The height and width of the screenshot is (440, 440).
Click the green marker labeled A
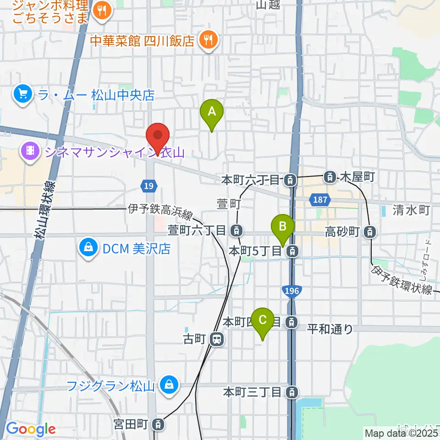click(x=212, y=112)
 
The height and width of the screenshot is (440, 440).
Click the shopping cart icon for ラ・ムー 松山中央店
click(x=22, y=95)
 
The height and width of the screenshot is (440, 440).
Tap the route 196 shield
click(x=290, y=291)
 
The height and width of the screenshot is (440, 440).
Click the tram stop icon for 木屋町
click(x=330, y=176)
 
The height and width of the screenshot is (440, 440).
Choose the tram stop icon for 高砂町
click(x=369, y=232)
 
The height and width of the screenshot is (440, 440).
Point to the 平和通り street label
click(x=330, y=329)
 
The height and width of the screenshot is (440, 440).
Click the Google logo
click(x=31, y=429)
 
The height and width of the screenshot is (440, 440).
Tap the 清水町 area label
click(x=411, y=210)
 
